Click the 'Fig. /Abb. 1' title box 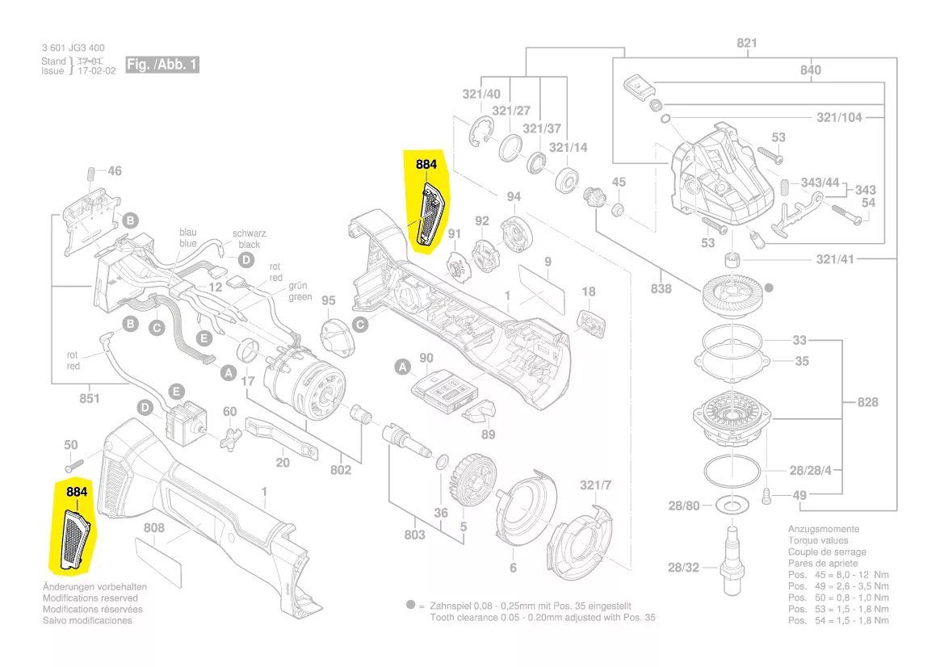(162, 65)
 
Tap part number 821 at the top (747, 43)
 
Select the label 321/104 (839, 117)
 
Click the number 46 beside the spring (115, 171)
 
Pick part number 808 (154, 528)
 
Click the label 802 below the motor (341, 469)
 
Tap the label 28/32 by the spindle (683, 568)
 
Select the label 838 (661, 288)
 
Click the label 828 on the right (867, 402)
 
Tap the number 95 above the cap (328, 300)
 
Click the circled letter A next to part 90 (401, 367)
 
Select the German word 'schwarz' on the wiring (250, 233)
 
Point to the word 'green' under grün (300, 296)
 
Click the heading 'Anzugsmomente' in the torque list (824, 529)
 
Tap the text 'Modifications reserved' (90, 598)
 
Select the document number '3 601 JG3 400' (73, 48)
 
